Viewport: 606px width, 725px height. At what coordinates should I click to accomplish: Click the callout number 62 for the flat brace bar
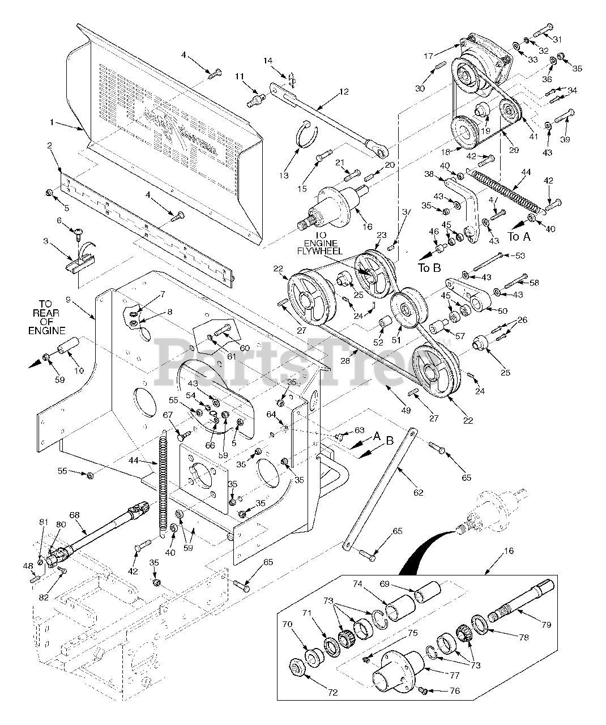click(x=418, y=493)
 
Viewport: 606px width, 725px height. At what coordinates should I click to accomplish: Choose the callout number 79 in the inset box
click(x=545, y=625)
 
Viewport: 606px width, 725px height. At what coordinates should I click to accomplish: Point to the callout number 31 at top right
click(x=557, y=39)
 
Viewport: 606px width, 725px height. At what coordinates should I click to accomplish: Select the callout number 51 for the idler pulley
click(x=396, y=340)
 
